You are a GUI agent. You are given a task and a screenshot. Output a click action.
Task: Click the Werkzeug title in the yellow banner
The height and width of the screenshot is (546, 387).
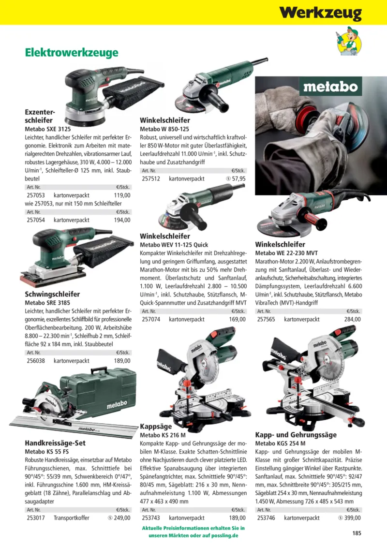pyautogui.click(x=320, y=13)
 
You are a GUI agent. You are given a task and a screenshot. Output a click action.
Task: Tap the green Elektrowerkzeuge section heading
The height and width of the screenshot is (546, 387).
pyautogui.click(x=72, y=53)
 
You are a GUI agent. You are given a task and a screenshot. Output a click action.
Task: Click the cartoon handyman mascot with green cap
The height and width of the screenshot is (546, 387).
pyautogui.click(x=349, y=41)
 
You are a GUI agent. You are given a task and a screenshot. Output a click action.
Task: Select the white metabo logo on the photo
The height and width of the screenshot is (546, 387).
pyautogui.click(x=330, y=87)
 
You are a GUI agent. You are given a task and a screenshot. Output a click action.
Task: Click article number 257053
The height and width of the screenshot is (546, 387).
pyautogui.click(x=36, y=195)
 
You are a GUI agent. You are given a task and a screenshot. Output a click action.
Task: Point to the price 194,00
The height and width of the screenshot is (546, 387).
pyautogui.click(x=122, y=220)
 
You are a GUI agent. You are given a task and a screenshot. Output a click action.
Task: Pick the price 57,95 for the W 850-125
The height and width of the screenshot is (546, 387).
pyautogui.click(x=238, y=178)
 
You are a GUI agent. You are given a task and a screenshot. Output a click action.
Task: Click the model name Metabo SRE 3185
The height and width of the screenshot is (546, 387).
pyautogui.click(x=48, y=303)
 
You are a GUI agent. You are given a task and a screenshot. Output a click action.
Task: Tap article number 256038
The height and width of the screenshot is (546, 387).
pyautogui.click(x=36, y=361)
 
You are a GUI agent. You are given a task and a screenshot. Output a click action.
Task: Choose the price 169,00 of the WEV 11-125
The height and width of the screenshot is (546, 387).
pyautogui.click(x=237, y=319)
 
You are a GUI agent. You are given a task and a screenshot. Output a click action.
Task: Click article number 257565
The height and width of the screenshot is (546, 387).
pyautogui.click(x=266, y=319)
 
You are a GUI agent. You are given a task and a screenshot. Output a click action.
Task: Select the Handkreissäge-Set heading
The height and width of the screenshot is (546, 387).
pyautogui.click(x=55, y=443)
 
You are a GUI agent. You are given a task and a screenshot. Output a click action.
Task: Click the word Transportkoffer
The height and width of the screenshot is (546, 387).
pyautogui.click(x=72, y=518)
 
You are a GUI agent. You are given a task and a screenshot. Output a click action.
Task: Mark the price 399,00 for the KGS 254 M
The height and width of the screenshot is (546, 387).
pyautogui.click(x=353, y=518)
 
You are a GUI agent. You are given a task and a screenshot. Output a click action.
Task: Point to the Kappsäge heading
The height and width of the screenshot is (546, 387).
pyautogui.click(x=156, y=427)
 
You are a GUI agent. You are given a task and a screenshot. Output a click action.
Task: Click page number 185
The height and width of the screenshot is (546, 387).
pyautogui.click(x=357, y=533)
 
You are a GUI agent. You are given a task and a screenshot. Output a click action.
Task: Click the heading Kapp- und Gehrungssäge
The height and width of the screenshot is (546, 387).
pyautogui.click(x=296, y=435)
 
